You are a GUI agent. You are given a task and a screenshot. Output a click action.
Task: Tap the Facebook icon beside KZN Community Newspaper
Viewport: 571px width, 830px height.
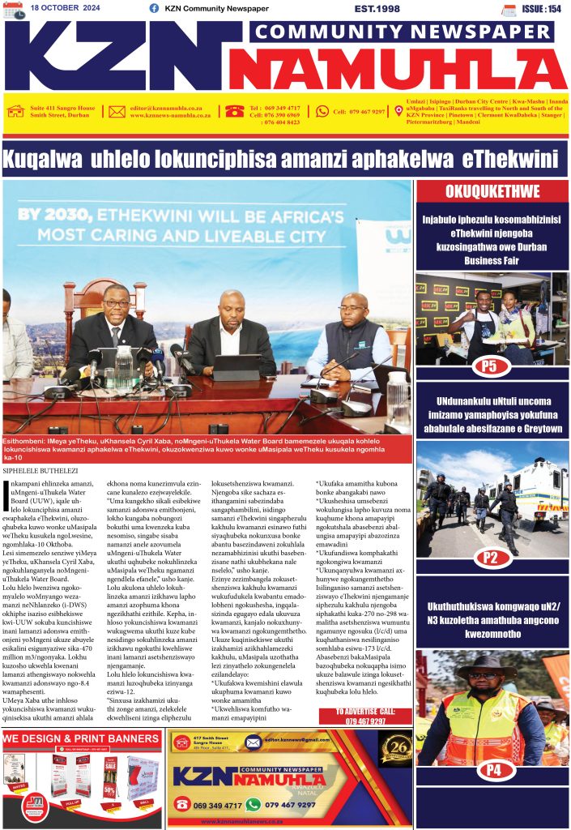pos(154,8)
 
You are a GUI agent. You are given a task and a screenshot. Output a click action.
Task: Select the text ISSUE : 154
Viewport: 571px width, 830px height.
pos(542,8)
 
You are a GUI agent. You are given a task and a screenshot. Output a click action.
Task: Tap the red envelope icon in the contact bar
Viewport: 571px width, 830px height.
pos(117,112)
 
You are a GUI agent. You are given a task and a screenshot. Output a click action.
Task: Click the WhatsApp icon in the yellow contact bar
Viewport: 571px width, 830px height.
pos(322,111)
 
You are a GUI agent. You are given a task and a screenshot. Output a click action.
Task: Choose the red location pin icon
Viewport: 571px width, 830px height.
pos(398,111)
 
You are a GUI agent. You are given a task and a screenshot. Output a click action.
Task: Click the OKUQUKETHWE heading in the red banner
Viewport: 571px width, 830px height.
pos(492,191)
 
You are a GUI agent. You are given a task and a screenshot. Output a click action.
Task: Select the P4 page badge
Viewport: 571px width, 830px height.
pos(491,768)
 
